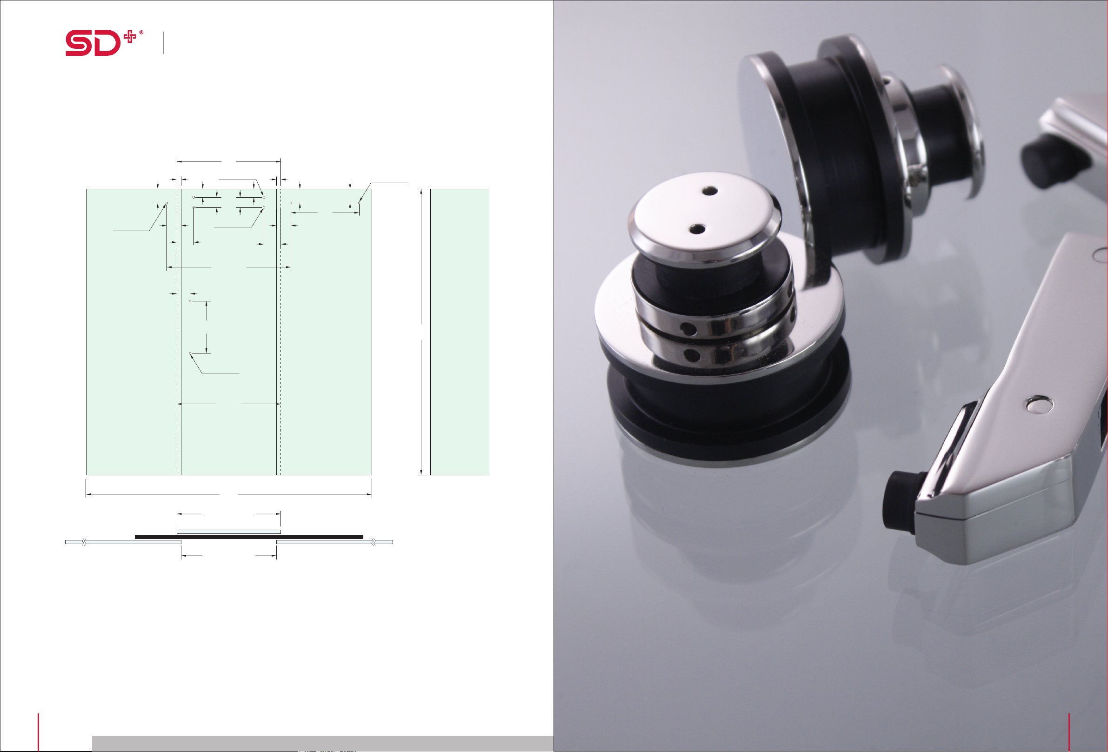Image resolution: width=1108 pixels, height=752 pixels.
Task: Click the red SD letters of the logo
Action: click(93, 43)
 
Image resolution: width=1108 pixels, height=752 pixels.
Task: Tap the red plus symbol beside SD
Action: click(130, 37)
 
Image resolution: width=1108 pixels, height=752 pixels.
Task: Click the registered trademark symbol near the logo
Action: click(141, 33)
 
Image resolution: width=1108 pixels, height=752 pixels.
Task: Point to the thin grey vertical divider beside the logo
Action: click(164, 42)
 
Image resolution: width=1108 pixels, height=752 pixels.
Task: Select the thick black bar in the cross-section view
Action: click(249, 537)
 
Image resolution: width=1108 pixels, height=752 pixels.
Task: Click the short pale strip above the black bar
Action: click(229, 532)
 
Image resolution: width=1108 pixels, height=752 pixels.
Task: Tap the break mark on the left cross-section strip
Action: click(84, 542)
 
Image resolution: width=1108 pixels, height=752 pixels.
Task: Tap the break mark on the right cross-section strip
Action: click(374, 542)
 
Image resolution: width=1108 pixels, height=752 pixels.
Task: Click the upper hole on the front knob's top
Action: click(710, 191)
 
